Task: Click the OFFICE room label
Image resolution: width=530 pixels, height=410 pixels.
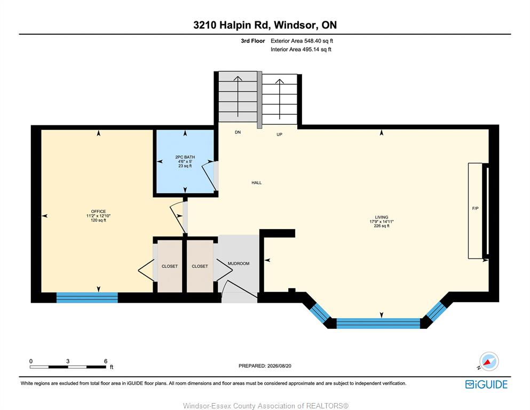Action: pos(98,211)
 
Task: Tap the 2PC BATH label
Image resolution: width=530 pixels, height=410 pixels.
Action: pos(185,157)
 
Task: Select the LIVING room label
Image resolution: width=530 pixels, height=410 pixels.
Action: pos(381,217)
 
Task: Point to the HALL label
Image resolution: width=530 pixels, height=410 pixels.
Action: pos(257,183)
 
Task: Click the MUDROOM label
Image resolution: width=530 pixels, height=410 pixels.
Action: pos(239,263)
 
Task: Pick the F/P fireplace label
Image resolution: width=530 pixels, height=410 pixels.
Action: pos(475,209)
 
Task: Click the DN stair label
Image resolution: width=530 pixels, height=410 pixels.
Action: pos(238,132)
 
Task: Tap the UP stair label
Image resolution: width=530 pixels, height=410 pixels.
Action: pos(280,134)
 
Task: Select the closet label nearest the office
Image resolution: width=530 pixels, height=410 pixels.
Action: pos(170,266)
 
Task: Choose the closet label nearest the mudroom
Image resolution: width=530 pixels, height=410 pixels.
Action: pos(200,266)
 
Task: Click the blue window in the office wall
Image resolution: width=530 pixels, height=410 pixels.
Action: pos(87,297)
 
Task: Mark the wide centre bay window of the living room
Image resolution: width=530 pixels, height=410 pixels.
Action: pos(378,323)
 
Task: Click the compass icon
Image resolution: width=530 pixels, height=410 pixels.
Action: pos(488,361)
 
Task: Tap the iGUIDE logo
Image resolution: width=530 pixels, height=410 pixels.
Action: pos(486,384)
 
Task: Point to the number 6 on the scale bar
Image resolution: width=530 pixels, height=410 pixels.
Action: pos(106,361)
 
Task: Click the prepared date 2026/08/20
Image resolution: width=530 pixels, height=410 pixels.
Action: pos(279,366)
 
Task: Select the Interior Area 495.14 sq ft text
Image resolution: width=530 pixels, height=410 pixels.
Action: pos(301,49)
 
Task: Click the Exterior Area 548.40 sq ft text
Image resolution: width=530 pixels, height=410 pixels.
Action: pos(302,41)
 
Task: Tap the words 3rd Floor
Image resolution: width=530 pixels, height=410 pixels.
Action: pos(253,41)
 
